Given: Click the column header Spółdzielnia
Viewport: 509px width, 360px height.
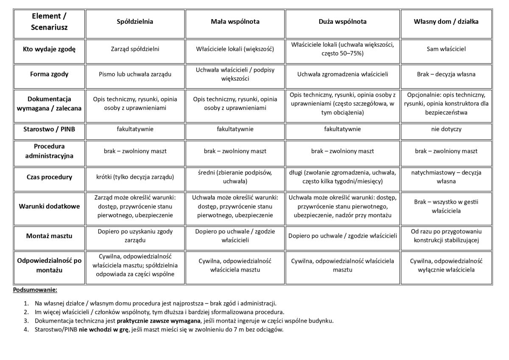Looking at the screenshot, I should (135, 22).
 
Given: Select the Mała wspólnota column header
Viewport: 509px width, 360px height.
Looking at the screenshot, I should (235, 22).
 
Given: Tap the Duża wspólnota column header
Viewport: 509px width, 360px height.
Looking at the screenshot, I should (342, 22).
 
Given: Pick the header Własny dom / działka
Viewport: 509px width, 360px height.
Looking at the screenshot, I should (446, 22).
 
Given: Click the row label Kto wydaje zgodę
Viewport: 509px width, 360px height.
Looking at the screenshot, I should (49, 49).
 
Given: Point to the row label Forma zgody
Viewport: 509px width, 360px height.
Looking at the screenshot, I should (49, 74).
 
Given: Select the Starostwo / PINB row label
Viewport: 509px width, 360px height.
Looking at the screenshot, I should (49, 129).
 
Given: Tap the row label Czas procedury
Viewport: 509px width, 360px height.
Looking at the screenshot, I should (49, 177).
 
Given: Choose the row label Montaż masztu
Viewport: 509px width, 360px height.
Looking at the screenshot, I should (49, 236).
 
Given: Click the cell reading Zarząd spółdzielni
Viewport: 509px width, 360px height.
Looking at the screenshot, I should (135, 49).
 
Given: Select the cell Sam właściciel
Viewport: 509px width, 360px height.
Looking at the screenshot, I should (446, 49).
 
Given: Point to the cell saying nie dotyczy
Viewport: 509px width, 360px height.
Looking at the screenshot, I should (446, 129).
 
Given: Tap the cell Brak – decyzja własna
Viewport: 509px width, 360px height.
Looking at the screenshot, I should (446, 74).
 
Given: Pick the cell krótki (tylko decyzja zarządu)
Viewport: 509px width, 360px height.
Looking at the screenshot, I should (135, 177).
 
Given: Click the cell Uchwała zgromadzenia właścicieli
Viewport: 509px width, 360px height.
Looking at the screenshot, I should (342, 74).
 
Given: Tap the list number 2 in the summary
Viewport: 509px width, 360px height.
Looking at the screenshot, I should (26, 312).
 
